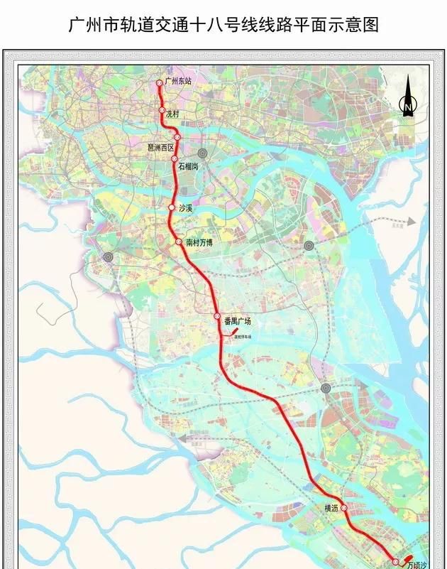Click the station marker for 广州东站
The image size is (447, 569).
pyautogui.click(x=159, y=83)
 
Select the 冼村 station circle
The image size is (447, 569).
pyautogui.click(x=162, y=111)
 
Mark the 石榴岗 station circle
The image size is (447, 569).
pyautogui.click(x=175, y=159)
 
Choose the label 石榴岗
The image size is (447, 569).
pyautogui.click(x=189, y=166)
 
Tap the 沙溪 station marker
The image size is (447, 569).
pyautogui.click(x=171, y=207)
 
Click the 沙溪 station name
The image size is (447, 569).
pyautogui.click(x=187, y=208)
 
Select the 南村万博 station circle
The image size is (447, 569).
pyautogui.click(x=179, y=242)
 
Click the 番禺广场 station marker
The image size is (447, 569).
pyautogui.click(x=217, y=316)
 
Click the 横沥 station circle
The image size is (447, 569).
pyautogui.click(x=343, y=509)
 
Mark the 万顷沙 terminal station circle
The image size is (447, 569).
pyautogui.click(x=396, y=562)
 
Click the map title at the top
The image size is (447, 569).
pyautogui.click(x=223, y=26)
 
